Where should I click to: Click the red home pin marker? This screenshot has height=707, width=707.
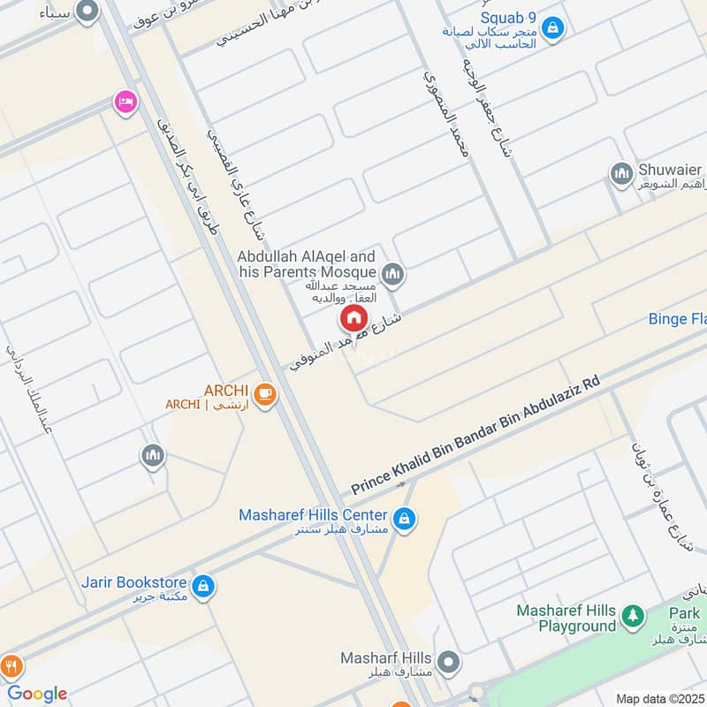tap(353, 317)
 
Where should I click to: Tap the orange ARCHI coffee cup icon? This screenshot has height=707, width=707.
tap(263, 395)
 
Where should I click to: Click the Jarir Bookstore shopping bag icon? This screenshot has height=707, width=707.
tap(203, 585)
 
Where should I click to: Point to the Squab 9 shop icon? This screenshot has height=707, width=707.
tap(552, 28)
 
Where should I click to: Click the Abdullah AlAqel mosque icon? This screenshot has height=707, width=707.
tap(393, 275)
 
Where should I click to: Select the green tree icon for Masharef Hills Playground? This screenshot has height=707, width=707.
tap(632, 616)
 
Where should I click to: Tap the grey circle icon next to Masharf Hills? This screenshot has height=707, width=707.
tap(449, 661)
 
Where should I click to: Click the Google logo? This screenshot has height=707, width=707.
tap(38, 694)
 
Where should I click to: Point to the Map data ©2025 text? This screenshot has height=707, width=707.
tap(658, 698)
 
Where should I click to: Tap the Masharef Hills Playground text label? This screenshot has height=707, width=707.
tap(566, 619)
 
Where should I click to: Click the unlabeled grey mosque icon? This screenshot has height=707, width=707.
tap(153, 456)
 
